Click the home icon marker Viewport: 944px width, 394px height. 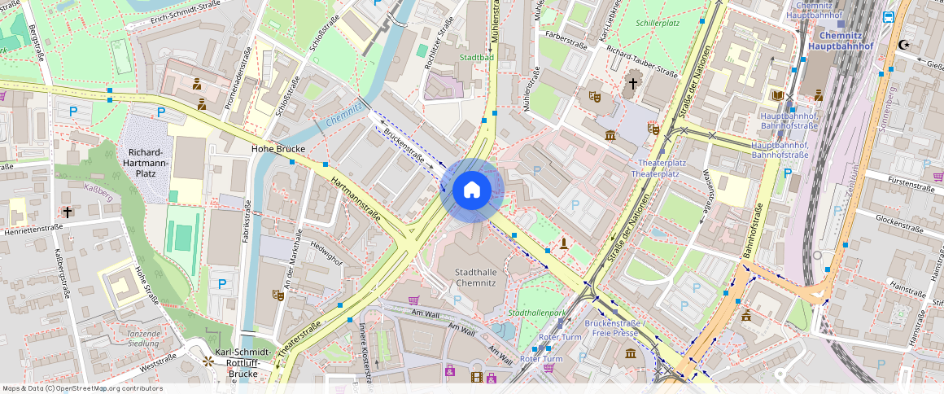click(x=472, y=190)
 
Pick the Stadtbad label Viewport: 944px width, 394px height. click(x=476, y=58)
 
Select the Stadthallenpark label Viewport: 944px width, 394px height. click(x=536, y=313)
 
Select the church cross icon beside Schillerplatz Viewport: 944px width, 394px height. click(x=633, y=83)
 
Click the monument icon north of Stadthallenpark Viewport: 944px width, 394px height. click(x=563, y=243)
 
